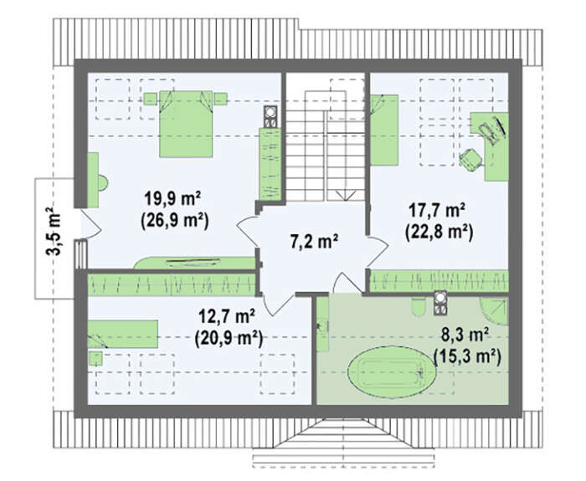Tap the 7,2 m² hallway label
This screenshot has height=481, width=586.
click(314, 241)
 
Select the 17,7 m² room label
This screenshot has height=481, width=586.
click(437, 210)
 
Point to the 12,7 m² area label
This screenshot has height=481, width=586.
click(227, 317)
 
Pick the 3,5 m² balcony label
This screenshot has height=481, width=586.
click(54, 232)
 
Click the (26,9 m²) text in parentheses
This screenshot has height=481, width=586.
click(174, 220)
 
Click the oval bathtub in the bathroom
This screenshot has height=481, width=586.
click(392, 371)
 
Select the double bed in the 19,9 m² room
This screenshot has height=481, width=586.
click(186, 124)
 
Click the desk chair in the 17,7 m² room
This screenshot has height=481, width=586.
click(470, 161)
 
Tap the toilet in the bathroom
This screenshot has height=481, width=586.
click(419, 307)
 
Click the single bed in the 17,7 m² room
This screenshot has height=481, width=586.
click(384, 130)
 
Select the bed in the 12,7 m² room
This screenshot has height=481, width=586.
click(122, 334)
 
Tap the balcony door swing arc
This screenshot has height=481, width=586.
click(92, 223)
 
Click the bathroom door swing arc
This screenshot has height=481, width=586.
click(347, 283)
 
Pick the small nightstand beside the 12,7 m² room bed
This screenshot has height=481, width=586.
click(96, 359)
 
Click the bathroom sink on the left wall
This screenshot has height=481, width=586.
click(322, 327)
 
